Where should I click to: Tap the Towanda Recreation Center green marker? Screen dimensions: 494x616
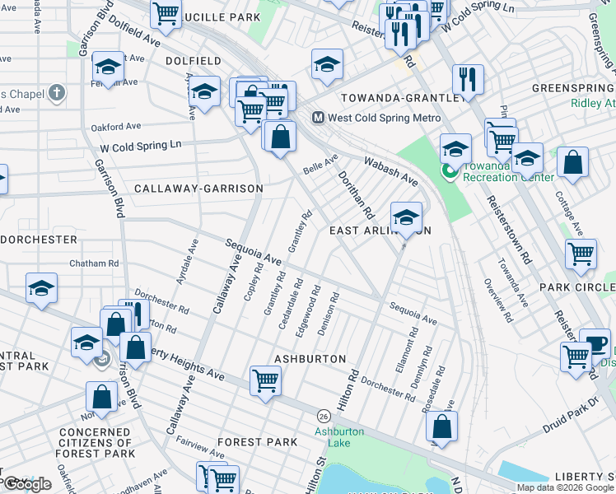pyautogui.click(x=450, y=171)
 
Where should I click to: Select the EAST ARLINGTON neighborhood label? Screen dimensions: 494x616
pyautogui.click(x=380, y=231)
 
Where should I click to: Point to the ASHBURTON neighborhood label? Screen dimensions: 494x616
pyautogui.click(x=310, y=359)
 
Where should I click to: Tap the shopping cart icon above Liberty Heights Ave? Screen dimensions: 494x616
pyautogui.click(x=265, y=381)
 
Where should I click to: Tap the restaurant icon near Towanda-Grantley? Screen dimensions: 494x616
pyautogui.click(x=468, y=80)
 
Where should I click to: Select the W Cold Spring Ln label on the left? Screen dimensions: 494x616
pyautogui.click(x=140, y=145)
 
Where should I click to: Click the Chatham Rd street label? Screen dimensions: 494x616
pyautogui.click(x=95, y=263)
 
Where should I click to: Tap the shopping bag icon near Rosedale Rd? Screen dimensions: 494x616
pyautogui.click(x=442, y=426)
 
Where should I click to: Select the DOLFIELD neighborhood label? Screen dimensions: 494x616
pyautogui.click(x=193, y=61)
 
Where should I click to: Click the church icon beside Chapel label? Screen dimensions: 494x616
pyautogui.click(x=57, y=92)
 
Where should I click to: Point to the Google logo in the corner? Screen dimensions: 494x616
pyautogui.click(x=26, y=485)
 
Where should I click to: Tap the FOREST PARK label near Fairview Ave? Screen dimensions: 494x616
pyautogui.click(x=258, y=442)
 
